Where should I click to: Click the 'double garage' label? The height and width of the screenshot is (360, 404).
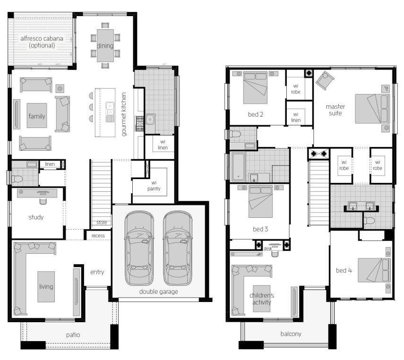coord(158,291)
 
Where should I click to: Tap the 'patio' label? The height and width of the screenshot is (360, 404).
coord(73,335)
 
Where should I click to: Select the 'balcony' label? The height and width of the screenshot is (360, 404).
coord(291,334)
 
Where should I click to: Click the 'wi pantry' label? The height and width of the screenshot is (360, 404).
coord(154,186)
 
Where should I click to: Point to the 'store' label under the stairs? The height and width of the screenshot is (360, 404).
coord(102,223)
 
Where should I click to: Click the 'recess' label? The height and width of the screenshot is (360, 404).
coord(98,236)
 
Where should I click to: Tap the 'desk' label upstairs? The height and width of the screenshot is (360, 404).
coord(268,249)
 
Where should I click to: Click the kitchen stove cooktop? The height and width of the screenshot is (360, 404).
coord(139,123)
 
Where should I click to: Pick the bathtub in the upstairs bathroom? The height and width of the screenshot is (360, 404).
coord(238,167)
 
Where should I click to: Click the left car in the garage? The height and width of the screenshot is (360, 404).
coord(139,248)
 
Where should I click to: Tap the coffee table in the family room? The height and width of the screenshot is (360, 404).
coord(37,115)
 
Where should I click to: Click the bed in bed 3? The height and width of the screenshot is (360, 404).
coord(260,201)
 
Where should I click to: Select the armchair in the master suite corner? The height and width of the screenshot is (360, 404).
coord(325,80)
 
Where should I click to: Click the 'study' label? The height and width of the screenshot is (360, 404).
coord(36,217)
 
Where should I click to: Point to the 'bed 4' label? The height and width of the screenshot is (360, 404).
coord(344,270)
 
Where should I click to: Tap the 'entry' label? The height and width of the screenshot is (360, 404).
coord(97,272)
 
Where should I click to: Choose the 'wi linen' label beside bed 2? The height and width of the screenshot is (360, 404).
coord(295,117)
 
